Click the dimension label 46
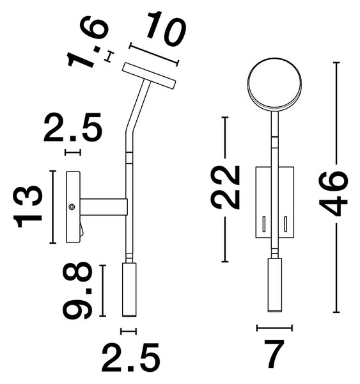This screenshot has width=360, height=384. [x=333, y=193]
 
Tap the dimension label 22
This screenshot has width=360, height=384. [x=224, y=188]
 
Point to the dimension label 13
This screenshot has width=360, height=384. [x=28, y=207]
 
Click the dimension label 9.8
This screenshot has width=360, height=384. [x=78, y=290]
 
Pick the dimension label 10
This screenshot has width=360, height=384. [x=166, y=28]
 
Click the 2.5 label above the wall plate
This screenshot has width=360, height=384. [x=72, y=127]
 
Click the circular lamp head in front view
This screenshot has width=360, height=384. [x=274, y=84]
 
